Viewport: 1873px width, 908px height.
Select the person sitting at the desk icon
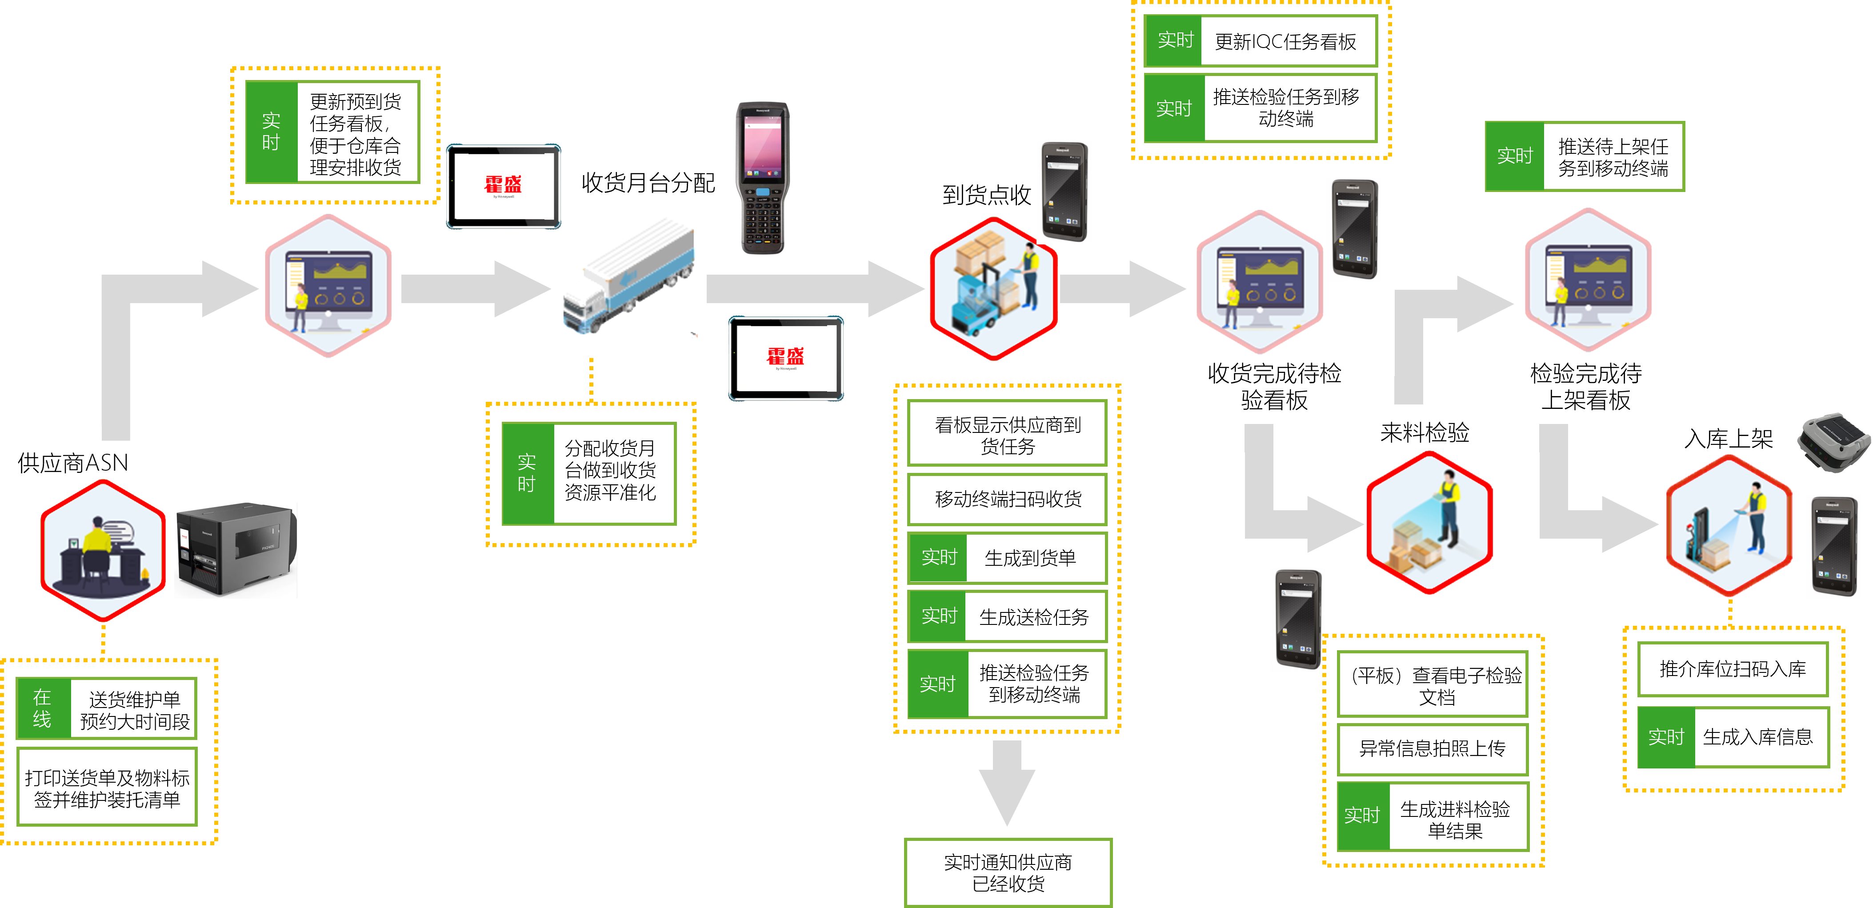[103, 550]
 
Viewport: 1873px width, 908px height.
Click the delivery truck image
[629, 277]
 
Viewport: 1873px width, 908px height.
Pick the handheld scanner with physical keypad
[762, 178]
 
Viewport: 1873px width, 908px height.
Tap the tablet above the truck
[503, 187]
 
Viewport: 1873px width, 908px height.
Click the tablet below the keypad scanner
[786, 358]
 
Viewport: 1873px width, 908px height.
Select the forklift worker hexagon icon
[993, 288]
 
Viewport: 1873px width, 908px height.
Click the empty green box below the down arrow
[1008, 872]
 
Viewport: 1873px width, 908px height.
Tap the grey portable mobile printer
[1834, 440]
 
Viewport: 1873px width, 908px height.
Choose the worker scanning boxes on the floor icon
[1429, 522]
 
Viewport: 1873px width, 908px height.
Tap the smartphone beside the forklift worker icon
[1064, 191]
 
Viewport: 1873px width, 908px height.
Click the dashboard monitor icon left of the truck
[328, 286]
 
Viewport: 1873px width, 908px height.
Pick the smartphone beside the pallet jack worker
[1833, 546]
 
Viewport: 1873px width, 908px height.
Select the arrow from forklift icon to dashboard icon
[1123, 288]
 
